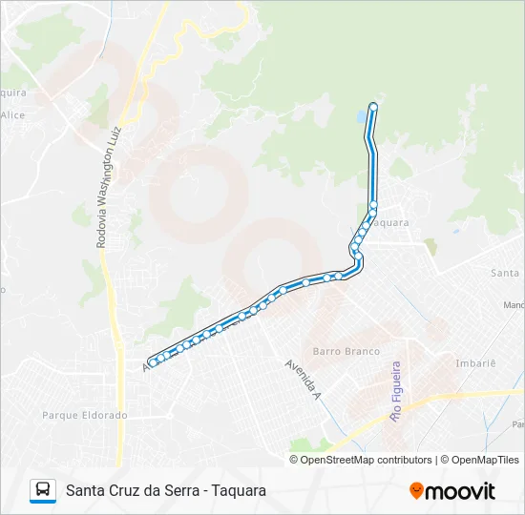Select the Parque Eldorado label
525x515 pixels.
[85, 415]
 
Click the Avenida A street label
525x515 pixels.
[303, 379]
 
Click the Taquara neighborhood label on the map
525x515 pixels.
[389, 222]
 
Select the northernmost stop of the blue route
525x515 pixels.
[373, 106]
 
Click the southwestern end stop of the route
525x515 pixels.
[153, 362]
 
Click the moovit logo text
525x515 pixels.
[461, 491]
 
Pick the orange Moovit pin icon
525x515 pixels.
[416, 491]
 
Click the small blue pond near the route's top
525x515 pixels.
[361, 117]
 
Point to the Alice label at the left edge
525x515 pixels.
[12, 114]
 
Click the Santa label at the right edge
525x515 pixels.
[505, 273]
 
